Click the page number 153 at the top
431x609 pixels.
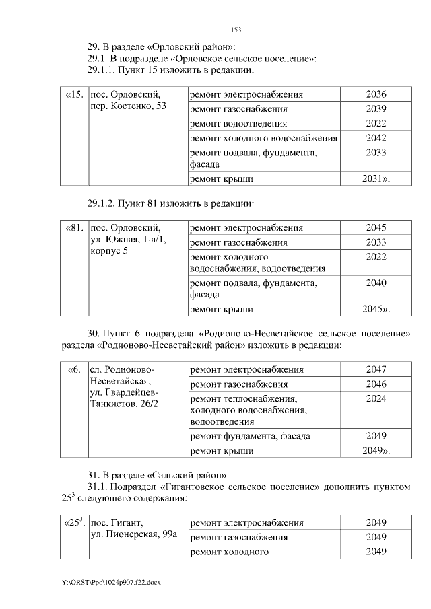pos(236,30)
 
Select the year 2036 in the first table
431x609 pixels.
pos(376,94)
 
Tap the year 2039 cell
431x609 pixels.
pos(376,109)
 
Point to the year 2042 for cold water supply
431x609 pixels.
pos(376,138)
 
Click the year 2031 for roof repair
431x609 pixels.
pos(376,179)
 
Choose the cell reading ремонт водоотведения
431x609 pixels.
pos(238,124)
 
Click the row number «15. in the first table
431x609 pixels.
pos(74,94)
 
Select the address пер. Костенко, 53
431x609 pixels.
pos(128,106)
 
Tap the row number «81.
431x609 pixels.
pos(74,227)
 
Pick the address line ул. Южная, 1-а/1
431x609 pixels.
pos(128,240)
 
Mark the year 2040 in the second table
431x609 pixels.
pos(376,283)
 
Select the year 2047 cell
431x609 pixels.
pos(376,370)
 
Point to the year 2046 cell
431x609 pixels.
pos(376,384)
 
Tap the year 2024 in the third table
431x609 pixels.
pos(376,398)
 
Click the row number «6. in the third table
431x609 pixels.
pos(74,369)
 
